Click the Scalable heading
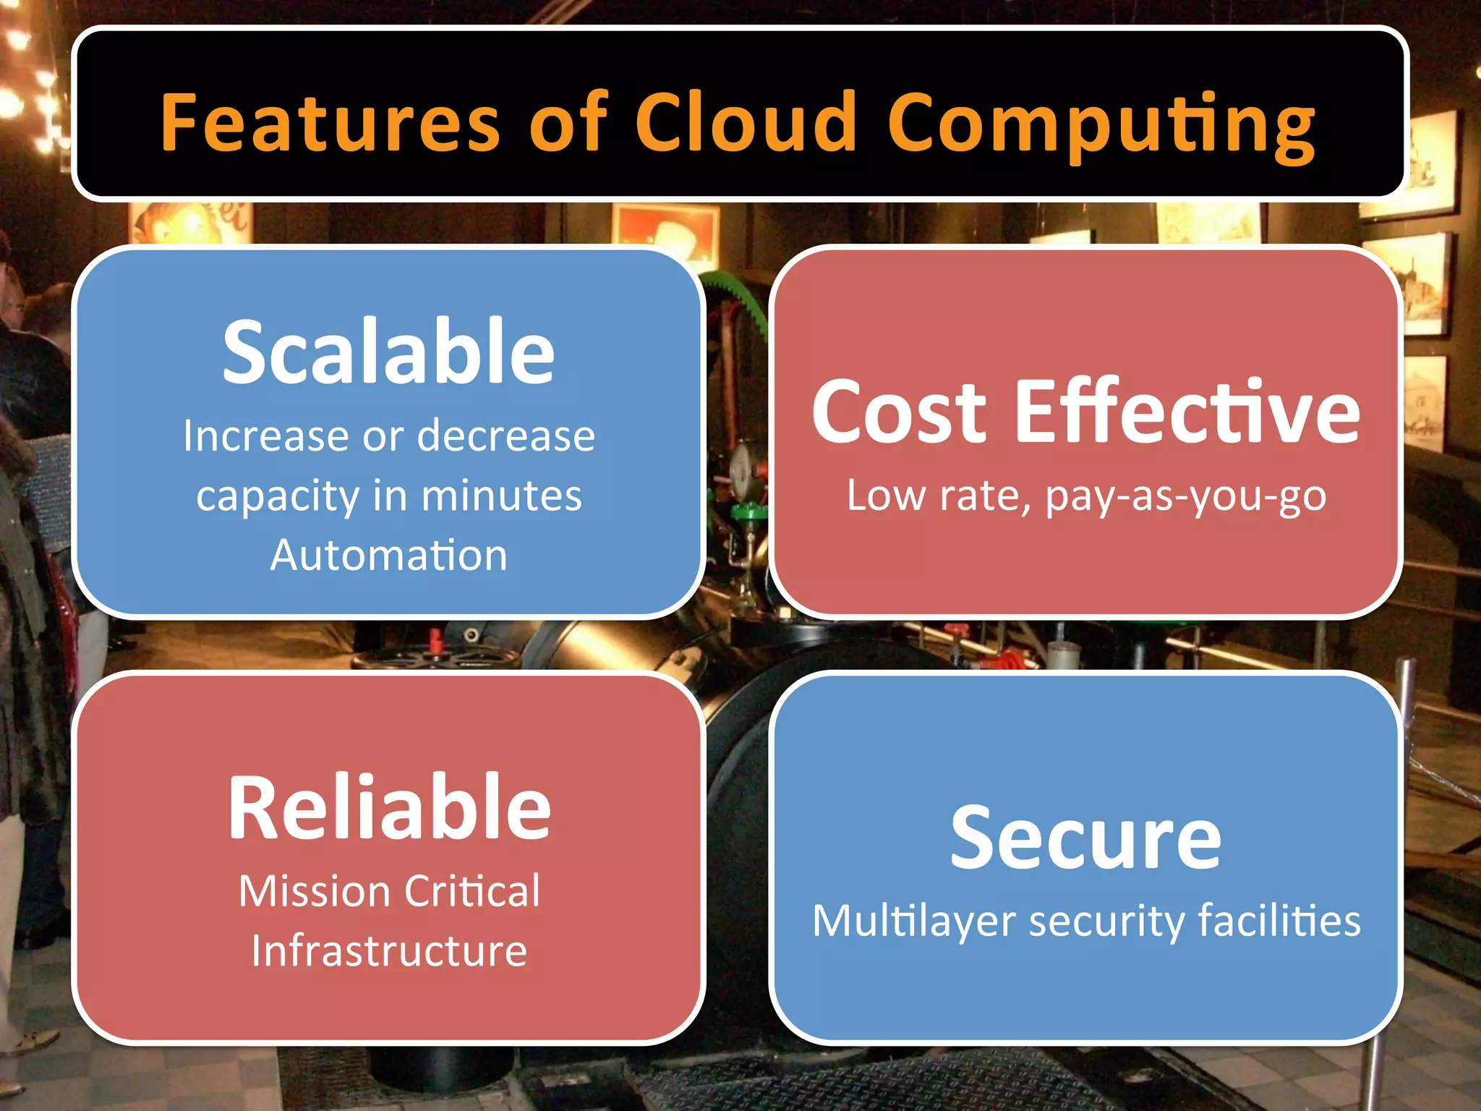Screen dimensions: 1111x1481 [x=388, y=352]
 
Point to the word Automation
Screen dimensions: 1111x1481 [x=388, y=555]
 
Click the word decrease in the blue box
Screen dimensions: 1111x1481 [x=505, y=436]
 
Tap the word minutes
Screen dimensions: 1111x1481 [x=501, y=496]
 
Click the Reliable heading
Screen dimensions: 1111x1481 [x=389, y=807]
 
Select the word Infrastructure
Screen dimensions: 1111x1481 [x=389, y=950]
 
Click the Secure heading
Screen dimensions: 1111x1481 [x=1085, y=838]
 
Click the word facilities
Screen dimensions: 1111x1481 [x=1279, y=921]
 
